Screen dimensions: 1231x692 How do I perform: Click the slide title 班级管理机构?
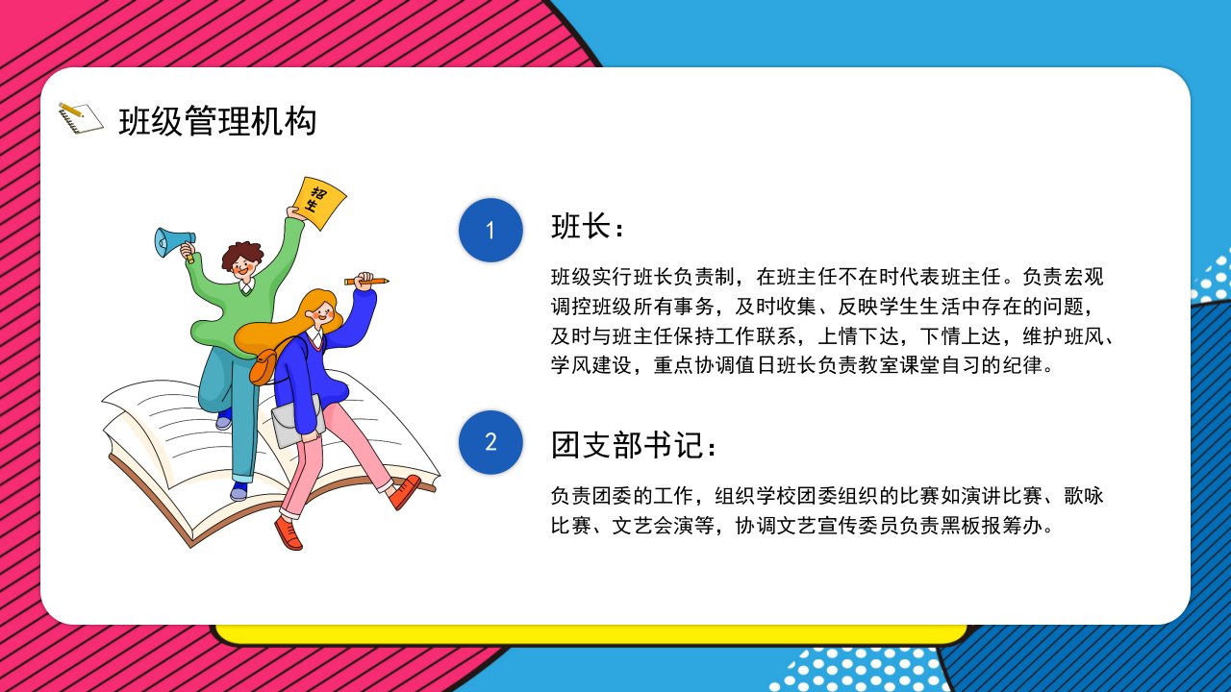(x=217, y=121)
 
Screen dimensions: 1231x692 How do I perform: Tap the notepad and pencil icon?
(x=81, y=118)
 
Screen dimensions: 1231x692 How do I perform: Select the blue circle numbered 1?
(x=490, y=230)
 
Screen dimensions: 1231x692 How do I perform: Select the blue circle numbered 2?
(x=490, y=443)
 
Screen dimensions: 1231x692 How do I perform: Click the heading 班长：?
(x=588, y=226)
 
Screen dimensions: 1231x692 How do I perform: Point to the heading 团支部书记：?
(x=634, y=445)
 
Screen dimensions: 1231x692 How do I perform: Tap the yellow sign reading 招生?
(x=320, y=202)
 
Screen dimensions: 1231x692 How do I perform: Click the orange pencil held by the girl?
(x=366, y=282)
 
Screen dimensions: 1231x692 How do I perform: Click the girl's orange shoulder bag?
(x=264, y=366)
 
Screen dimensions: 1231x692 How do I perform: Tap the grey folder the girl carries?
(x=295, y=421)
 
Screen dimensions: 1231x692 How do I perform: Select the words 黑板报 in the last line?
(x=970, y=526)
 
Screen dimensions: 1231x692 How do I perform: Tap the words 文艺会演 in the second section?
(x=654, y=526)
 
